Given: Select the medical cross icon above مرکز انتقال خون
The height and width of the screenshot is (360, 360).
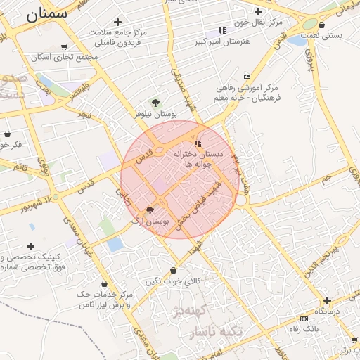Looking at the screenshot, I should coord(258,11).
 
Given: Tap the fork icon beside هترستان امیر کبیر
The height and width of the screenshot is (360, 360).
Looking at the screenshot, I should coord(223,30).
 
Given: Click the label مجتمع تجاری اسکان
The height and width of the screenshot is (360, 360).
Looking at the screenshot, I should coord(68,58).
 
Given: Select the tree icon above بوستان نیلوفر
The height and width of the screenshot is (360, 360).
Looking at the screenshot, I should coord(155,102).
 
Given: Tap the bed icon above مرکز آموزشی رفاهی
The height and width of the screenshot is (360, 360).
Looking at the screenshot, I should coord(246,77).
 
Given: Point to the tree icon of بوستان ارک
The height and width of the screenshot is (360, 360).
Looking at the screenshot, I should coord(149,210).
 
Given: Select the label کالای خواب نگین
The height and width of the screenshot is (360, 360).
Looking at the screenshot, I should coord(173,281).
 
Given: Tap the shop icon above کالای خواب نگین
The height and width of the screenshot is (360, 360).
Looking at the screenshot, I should coord(174,270).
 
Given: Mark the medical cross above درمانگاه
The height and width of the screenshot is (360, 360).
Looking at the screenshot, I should coord(327,300).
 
